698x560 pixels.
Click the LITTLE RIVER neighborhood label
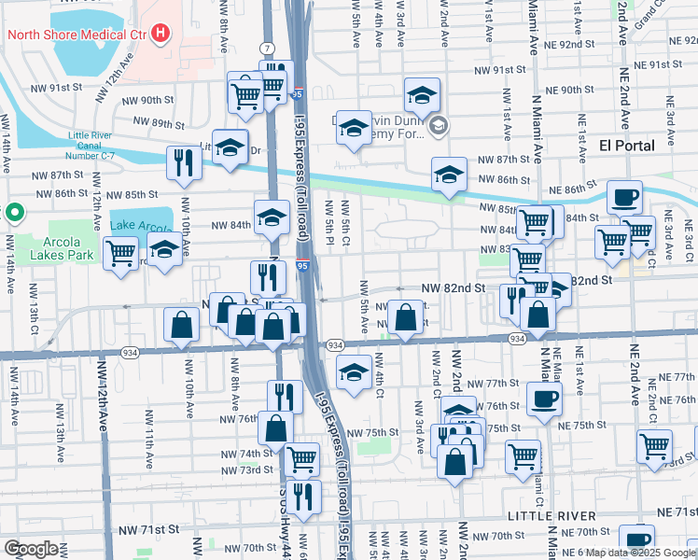click(551, 516)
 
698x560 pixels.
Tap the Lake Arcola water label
click(141, 226)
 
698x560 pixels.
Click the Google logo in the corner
click(31, 549)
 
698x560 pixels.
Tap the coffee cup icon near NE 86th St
click(624, 197)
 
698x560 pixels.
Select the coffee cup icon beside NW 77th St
click(545, 399)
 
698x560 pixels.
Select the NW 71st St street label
click(148, 529)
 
